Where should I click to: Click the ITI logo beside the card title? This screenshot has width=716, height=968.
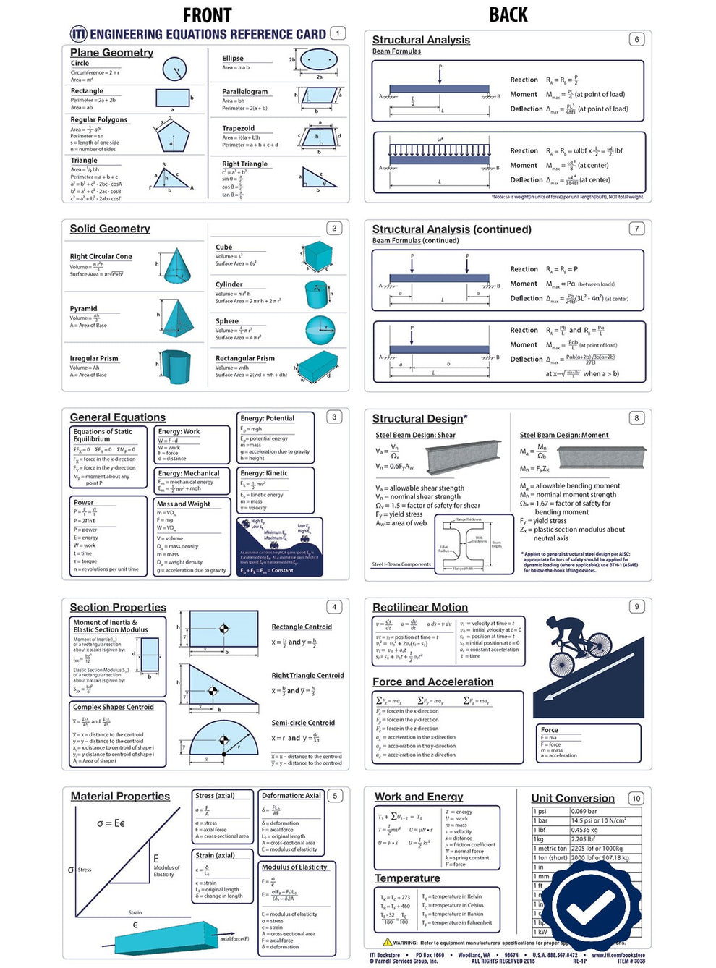pyautogui.click(x=78, y=34)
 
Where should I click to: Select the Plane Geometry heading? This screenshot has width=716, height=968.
pyautogui.click(x=111, y=53)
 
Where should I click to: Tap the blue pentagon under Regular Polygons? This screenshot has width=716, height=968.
pyautogui.click(x=171, y=137)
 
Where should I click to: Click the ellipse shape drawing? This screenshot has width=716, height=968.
pyautogui.click(x=318, y=59)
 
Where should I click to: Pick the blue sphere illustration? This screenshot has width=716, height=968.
pyautogui.click(x=320, y=330)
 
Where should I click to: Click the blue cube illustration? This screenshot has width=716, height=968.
pyautogui.click(x=317, y=255)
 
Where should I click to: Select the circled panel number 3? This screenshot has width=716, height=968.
pyautogui.click(x=334, y=417)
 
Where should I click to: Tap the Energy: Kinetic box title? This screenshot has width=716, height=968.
pyautogui.click(x=264, y=473)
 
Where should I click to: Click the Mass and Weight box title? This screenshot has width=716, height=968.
pyautogui.click(x=184, y=504)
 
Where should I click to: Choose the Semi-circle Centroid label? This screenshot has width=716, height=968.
pyautogui.click(x=303, y=723)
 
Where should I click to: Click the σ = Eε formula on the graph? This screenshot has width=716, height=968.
pyautogui.click(x=111, y=823)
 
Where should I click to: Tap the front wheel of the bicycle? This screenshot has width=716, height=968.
pyautogui.click(x=561, y=664)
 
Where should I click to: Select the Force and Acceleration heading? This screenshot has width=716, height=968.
pyautogui.click(x=432, y=682)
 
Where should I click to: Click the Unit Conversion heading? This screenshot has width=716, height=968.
pyautogui.click(x=573, y=798)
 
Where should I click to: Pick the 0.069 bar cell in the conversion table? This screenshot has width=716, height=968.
pyautogui.click(x=584, y=812)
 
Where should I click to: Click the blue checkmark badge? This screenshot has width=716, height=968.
pyautogui.click(x=589, y=904)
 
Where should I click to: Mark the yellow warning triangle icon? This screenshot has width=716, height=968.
pyautogui.click(x=387, y=942)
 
